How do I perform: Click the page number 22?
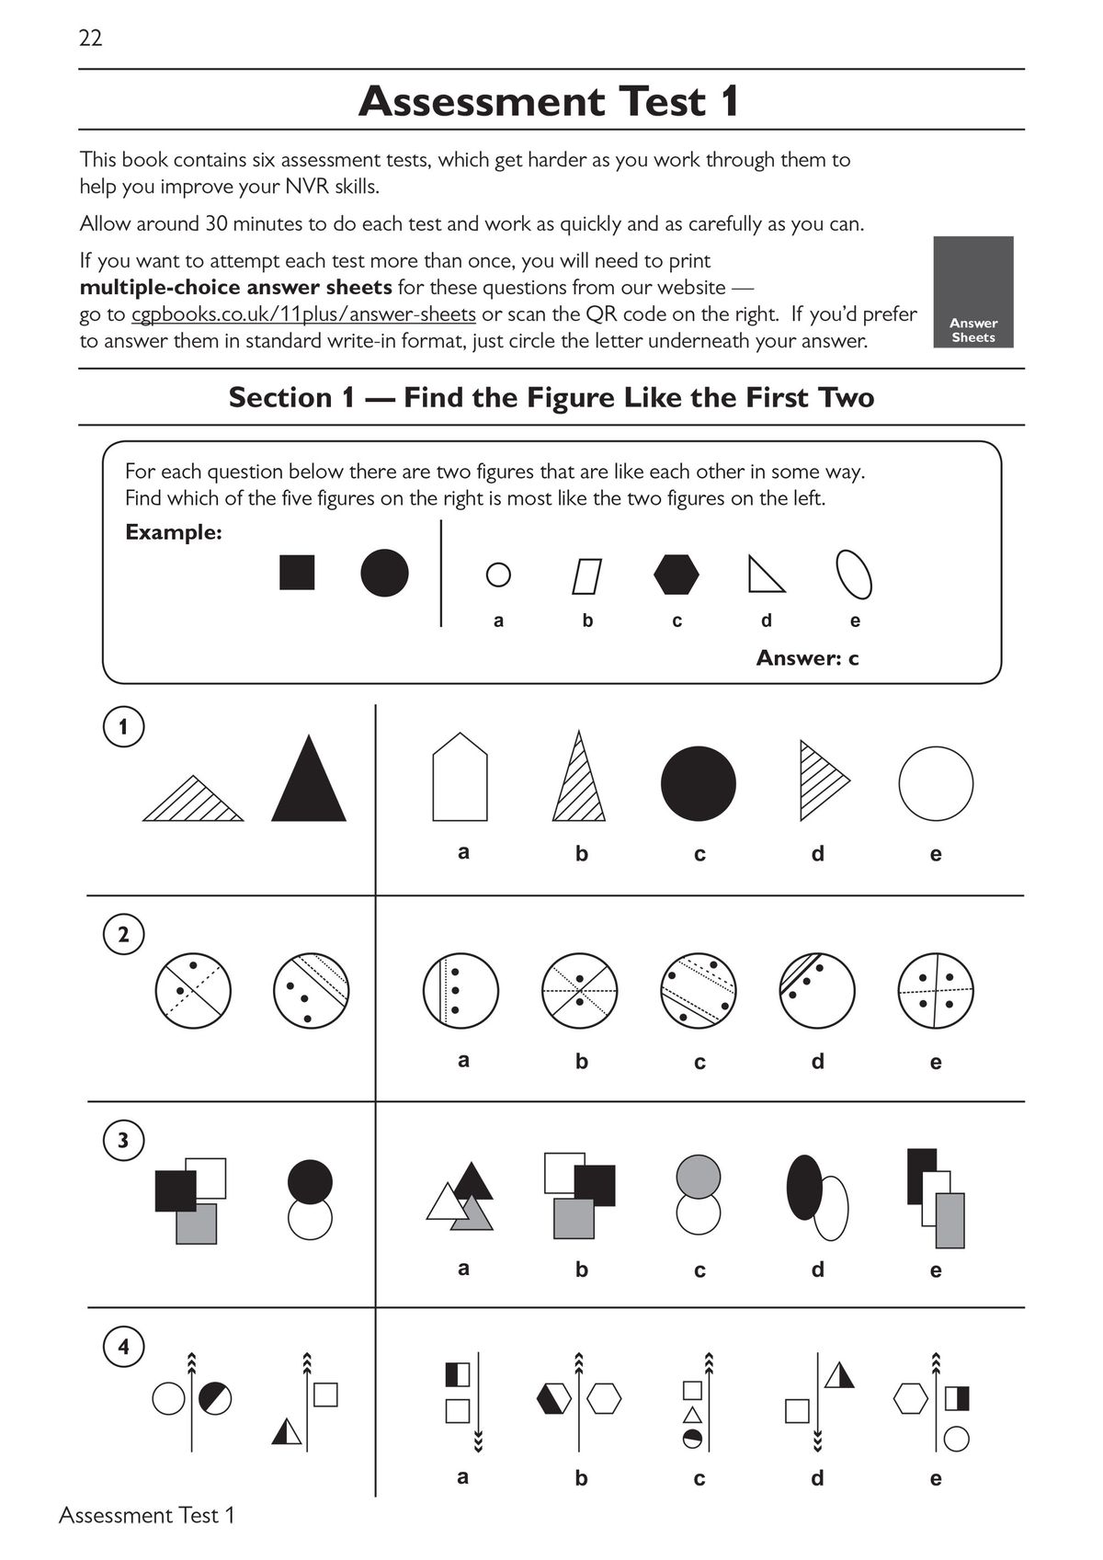90,38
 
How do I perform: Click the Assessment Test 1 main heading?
549,101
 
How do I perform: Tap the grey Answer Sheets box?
973,292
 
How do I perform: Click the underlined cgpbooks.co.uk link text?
303,314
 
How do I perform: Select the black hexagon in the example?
677,575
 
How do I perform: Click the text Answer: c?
807,658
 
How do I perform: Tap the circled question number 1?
123,728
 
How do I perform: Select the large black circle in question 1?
699,783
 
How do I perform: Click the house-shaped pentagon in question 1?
460,780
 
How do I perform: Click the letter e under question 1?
936,854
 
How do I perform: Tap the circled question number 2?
123,935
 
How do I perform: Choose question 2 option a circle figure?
461,991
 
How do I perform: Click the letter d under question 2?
817,1062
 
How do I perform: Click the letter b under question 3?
581,1270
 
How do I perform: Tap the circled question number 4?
123,1348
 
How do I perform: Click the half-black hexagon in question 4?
553,1398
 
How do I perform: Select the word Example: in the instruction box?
174,532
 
